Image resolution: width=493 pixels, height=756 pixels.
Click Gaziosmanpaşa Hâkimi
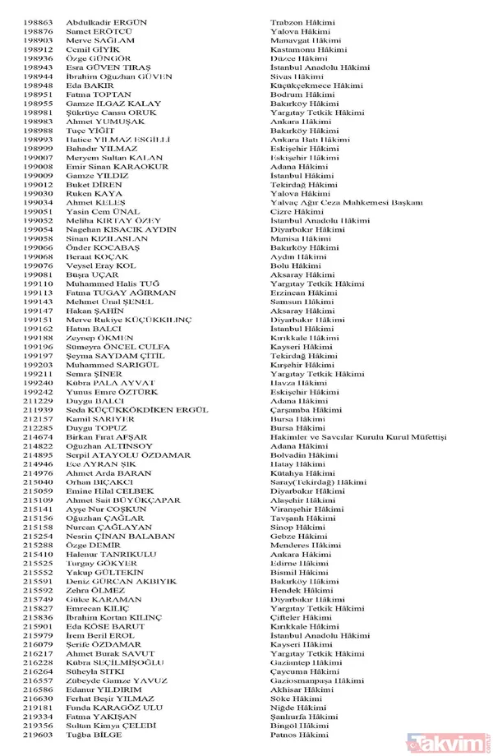tap(316, 680)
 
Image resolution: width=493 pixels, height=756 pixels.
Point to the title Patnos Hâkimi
tap(298, 735)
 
